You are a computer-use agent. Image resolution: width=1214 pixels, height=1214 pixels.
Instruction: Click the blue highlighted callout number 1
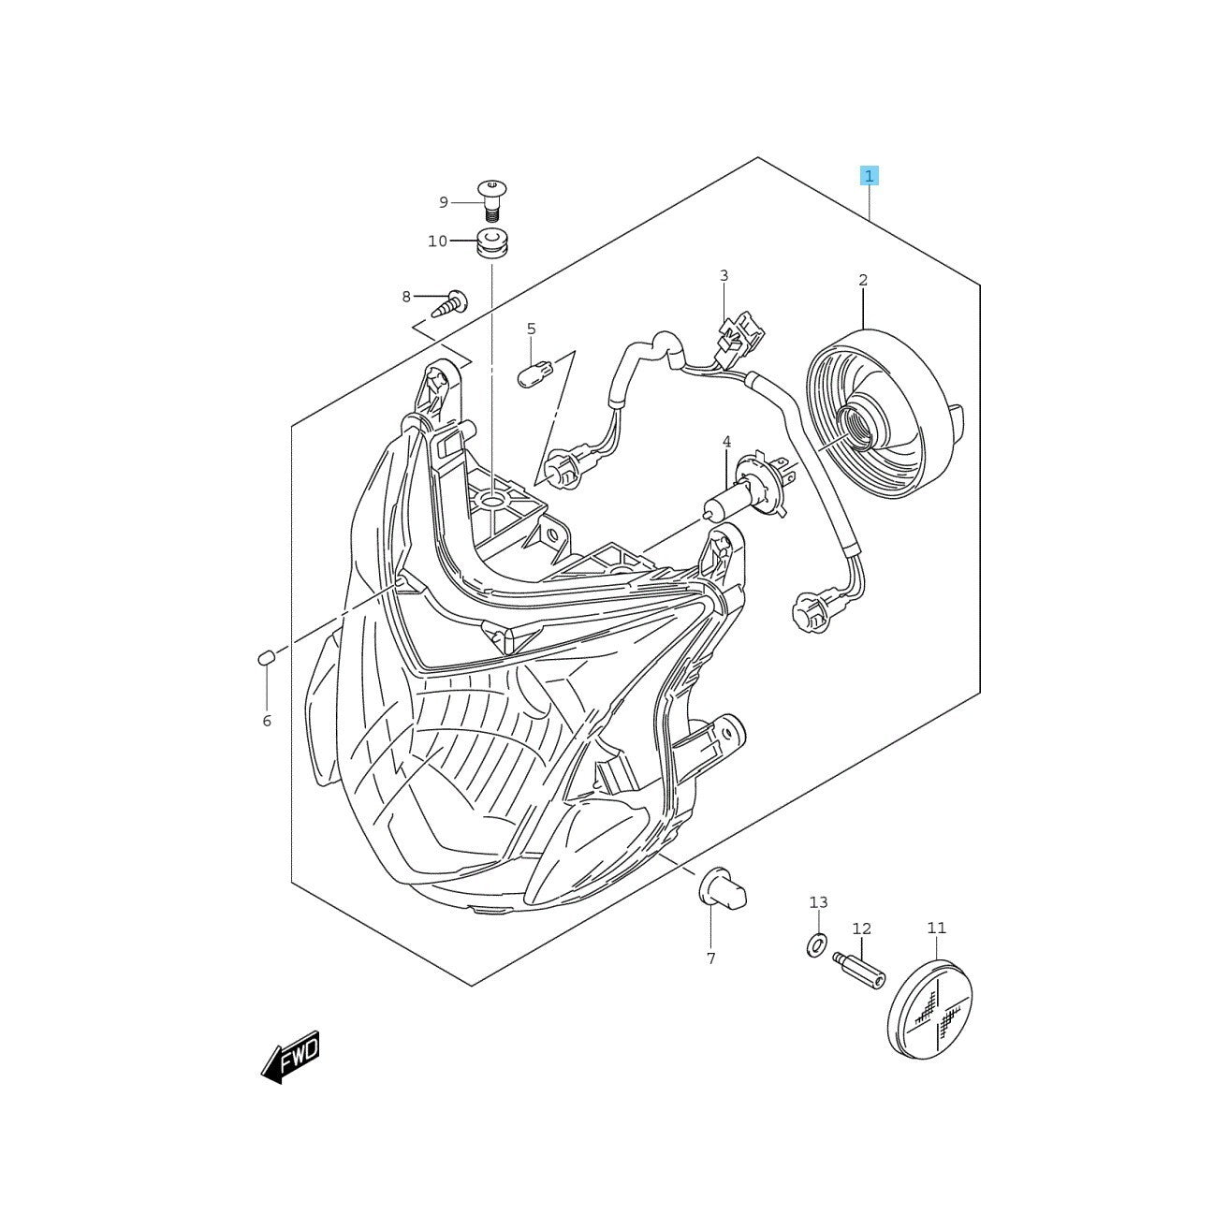click(x=870, y=176)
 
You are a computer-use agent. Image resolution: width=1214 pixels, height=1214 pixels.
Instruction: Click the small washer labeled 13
click(x=816, y=945)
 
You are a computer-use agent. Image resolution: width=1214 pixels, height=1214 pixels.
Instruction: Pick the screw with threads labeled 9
click(x=490, y=198)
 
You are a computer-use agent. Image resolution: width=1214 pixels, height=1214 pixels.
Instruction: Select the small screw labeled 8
click(x=450, y=302)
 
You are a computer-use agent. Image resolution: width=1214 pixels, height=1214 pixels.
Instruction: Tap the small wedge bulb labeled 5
click(x=534, y=374)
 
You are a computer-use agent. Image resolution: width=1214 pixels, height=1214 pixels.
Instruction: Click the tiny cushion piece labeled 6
click(x=265, y=658)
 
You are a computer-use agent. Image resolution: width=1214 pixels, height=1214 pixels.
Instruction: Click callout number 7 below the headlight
click(x=710, y=958)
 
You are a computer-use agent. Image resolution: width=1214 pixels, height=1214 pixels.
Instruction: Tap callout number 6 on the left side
click(x=267, y=721)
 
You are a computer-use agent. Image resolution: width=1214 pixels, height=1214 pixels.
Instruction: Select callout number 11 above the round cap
click(x=936, y=928)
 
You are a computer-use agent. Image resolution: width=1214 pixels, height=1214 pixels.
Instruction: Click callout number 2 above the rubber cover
click(x=862, y=280)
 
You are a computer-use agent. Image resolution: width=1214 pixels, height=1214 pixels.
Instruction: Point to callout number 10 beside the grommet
click(x=437, y=241)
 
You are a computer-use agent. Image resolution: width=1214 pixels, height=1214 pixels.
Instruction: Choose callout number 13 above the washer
click(x=818, y=902)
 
